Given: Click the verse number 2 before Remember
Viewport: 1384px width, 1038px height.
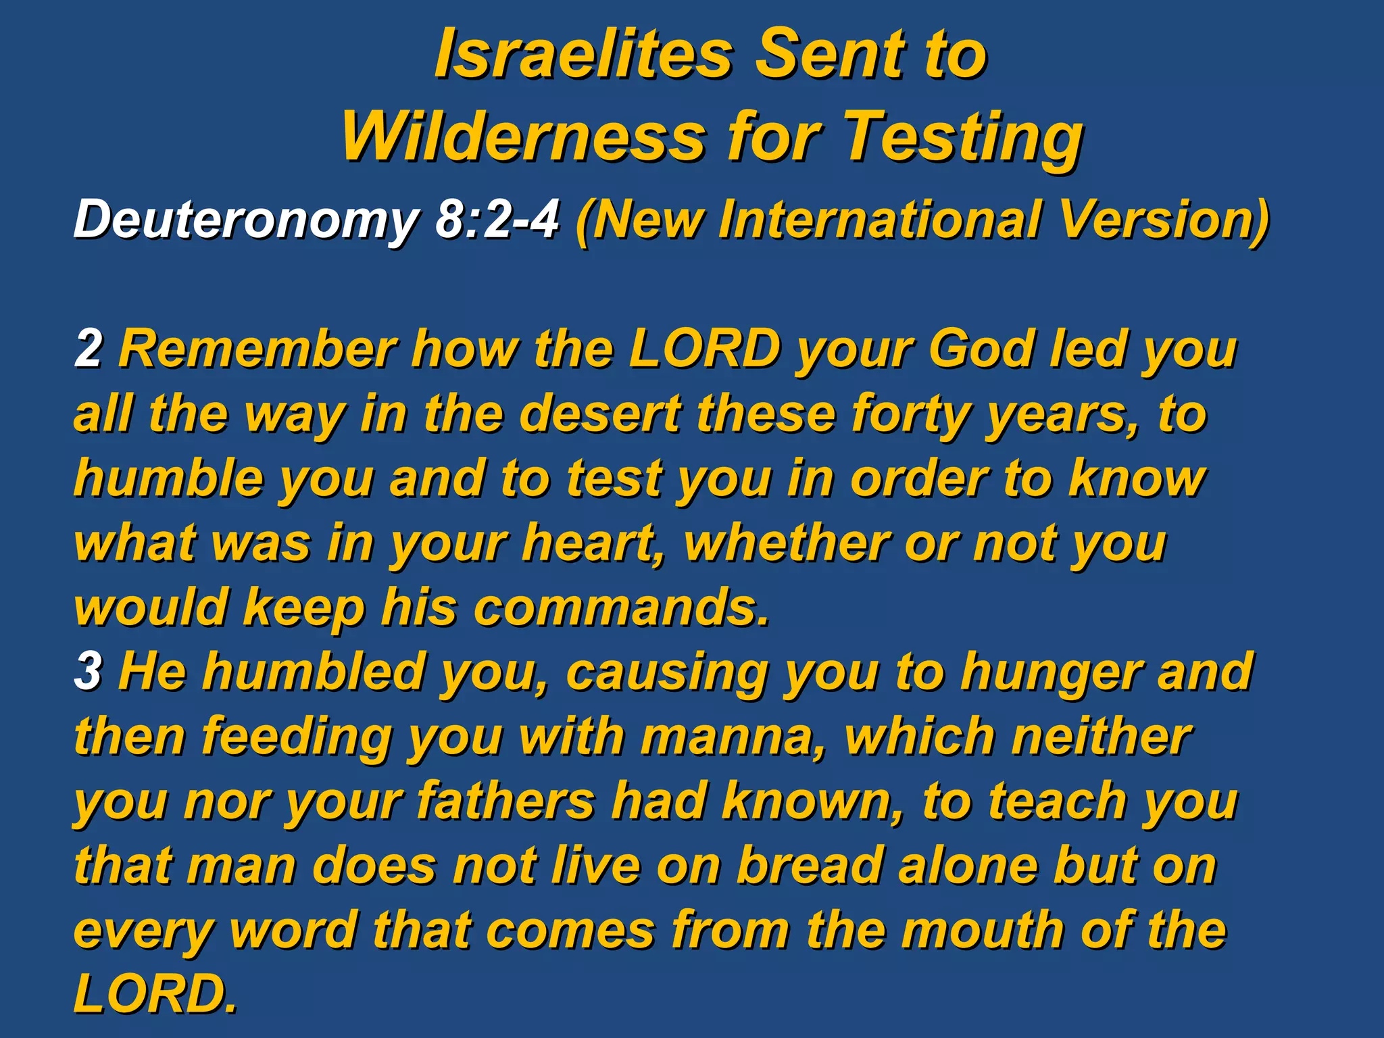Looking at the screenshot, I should pyautogui.click(x=88, y=349).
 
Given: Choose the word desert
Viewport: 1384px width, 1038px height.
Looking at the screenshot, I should pyautogui.click(x=601, y=414).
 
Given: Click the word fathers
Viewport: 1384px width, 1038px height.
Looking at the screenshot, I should pyautogui.click(x=505, y=801).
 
